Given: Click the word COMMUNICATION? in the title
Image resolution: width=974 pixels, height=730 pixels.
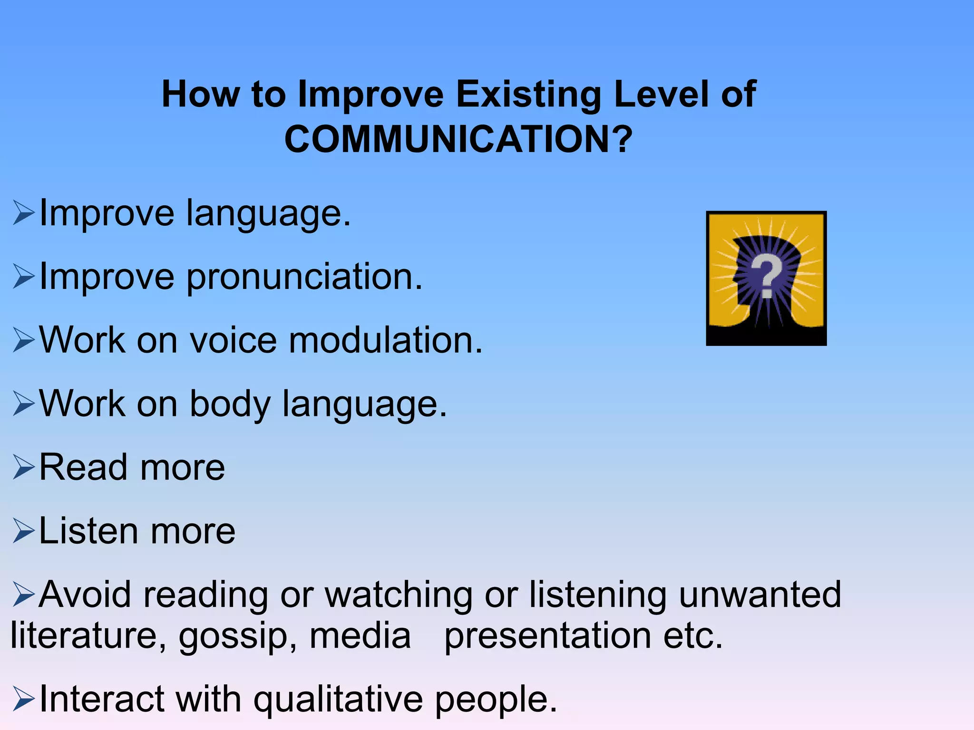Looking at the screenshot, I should (x=458, y=139).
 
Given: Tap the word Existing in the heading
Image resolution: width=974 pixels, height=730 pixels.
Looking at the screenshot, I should (x=529, y=94).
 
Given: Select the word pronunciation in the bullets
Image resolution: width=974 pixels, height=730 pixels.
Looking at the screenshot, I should (x=304, y=277).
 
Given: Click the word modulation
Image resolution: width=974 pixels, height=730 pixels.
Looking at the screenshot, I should (x=386, y=340).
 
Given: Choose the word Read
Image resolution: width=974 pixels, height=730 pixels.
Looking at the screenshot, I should (x=84, y=467).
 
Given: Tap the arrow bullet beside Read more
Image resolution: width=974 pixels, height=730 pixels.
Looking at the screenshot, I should (x=23, y=467).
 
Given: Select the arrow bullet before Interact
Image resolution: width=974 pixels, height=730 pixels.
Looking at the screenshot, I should (x=23, y=699).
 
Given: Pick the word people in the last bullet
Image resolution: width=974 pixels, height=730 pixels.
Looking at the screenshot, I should (x=496, y=699).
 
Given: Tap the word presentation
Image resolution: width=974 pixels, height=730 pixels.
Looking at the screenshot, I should (x=547, y=636).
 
